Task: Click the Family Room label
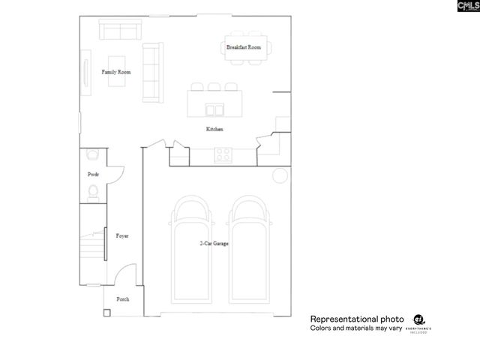point(116,72)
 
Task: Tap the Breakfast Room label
point(244,47)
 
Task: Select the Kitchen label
point(215,130)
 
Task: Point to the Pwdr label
point(94,174)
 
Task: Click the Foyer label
point(122,235)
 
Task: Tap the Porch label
point(122,298)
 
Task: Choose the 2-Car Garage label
point(214,244)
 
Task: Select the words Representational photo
point(357,318)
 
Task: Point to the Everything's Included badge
point(418,322)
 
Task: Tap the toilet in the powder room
point(93,193)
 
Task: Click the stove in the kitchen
point(223,156)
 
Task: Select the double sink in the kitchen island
point(214,110)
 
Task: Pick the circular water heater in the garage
point(280,175)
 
